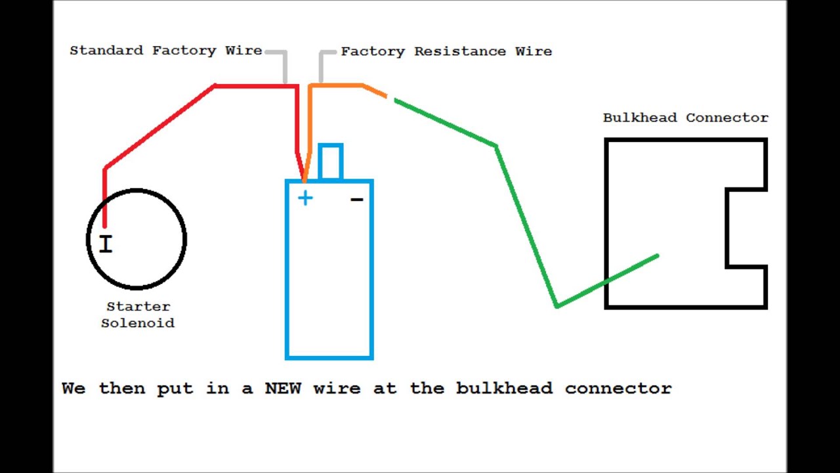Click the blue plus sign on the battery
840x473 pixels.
pyautogui.click(x=305, y=198)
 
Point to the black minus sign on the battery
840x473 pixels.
pyautogui.click(x=357, y=198)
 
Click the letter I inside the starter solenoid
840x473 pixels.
pyautogui.click(x=106, y=244)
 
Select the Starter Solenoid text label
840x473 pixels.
pyautogui.click(x=138, y=315)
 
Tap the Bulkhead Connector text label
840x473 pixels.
pyautogui.click(x=685, y=118)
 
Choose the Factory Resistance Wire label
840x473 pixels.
pyautogui.click(x=446, y=51)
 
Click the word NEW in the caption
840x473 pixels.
pyautogui.click(x=283, y=388)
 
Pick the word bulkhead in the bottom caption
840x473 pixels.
pyautogui.click(x=504, y=388)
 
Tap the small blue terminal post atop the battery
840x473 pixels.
pyautogui.click(x=330, y=162)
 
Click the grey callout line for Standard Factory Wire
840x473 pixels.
pyautogui.click(x=285, y=66)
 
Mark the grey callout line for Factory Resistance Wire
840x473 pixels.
pyautogui.click(x=322, y=66)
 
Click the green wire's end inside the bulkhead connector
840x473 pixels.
pyautogui.click(x=656, y=257)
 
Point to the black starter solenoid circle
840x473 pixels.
pyautogui.click(x=136, y=191)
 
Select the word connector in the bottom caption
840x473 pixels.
pyautogui.click(x=618, y=388)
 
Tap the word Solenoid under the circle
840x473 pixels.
pyautogui.click(x=138, y=323)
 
